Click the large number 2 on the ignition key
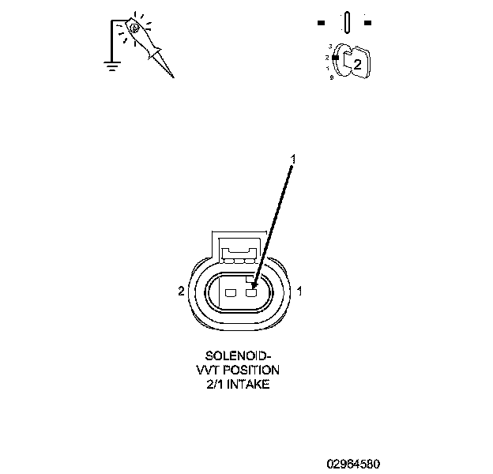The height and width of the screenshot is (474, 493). pos(357,65)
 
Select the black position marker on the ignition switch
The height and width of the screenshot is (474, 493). pos(336,58)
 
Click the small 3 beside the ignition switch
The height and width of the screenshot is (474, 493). pos(330,47)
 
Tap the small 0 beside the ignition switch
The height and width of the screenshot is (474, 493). pos(331,77)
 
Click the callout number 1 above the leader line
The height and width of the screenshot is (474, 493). pos(293,160)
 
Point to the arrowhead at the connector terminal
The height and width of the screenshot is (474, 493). pos(253,285)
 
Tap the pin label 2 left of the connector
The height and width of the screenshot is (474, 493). pos(181,291)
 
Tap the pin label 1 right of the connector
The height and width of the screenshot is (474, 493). pos(300,291)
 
